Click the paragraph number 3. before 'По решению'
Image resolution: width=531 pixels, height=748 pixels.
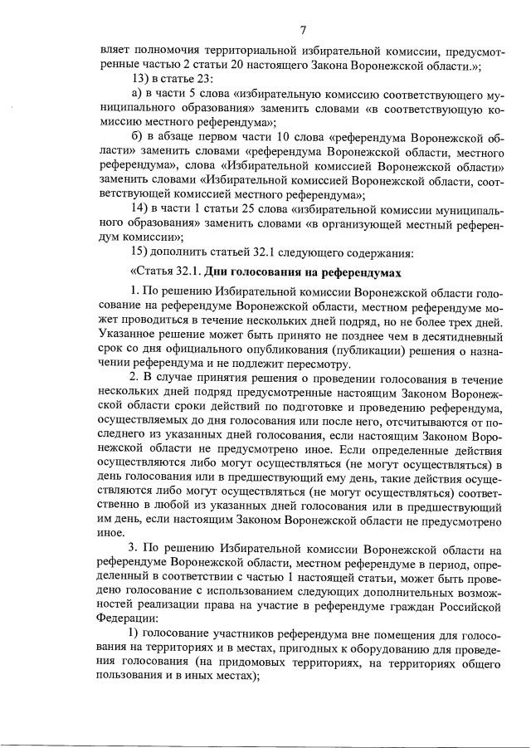click(136, 549)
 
